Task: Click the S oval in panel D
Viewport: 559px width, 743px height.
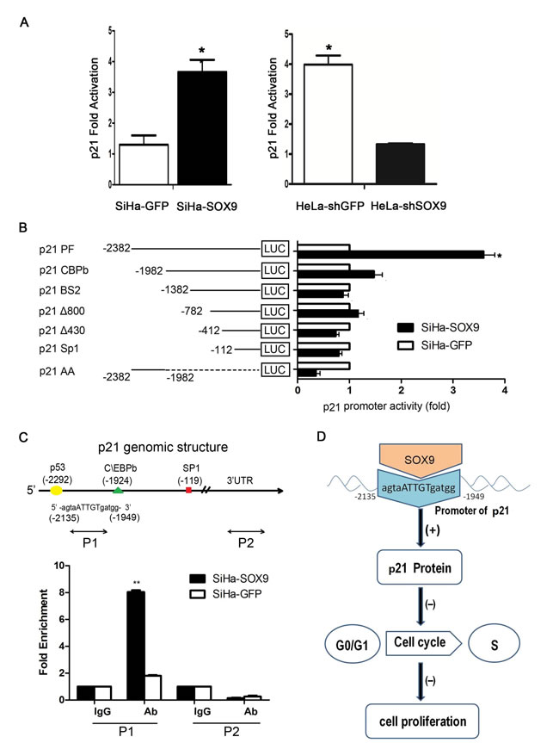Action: tap(511, 646)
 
